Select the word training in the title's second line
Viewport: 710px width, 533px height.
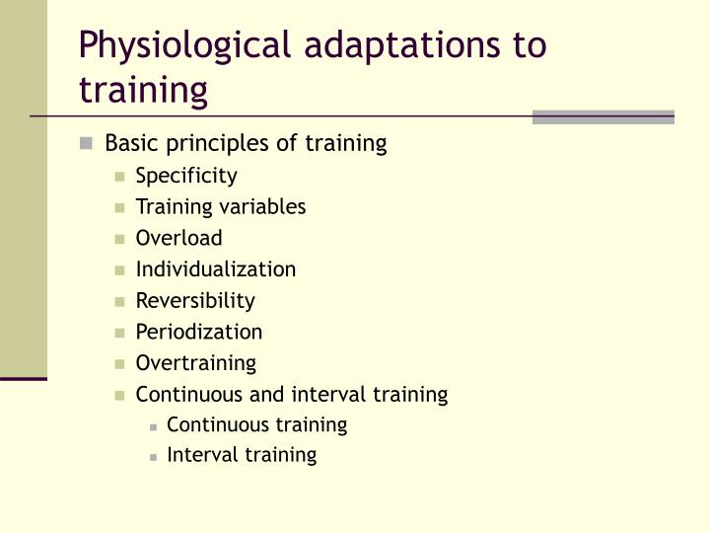coord(143,90)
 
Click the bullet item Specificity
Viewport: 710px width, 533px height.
coord(186,176)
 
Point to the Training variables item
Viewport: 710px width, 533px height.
coord(221,206)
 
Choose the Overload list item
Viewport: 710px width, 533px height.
coord(178,238)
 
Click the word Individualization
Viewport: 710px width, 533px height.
coord(215,268)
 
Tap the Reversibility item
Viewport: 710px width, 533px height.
coord(195,300)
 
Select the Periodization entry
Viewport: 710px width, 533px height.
coord(199,332)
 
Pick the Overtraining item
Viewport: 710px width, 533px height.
coord(195,362)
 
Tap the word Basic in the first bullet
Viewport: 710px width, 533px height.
coord(131,143)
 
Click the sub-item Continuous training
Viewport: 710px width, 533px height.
coord(256,424)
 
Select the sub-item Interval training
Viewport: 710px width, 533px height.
coord(242,455)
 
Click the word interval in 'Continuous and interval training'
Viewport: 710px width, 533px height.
coord(329,394)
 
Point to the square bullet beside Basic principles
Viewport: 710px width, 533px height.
coord(87,144)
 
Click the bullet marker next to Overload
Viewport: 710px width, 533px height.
coord(119,239)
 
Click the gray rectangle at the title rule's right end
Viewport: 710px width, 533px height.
coord(603,117)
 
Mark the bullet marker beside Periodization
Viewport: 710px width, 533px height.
coord(119,333)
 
